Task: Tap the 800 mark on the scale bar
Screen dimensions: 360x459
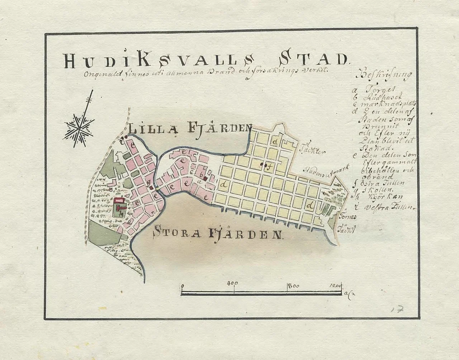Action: click(x=293, y=286)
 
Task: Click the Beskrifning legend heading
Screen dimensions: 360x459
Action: click(x=385, y=76)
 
